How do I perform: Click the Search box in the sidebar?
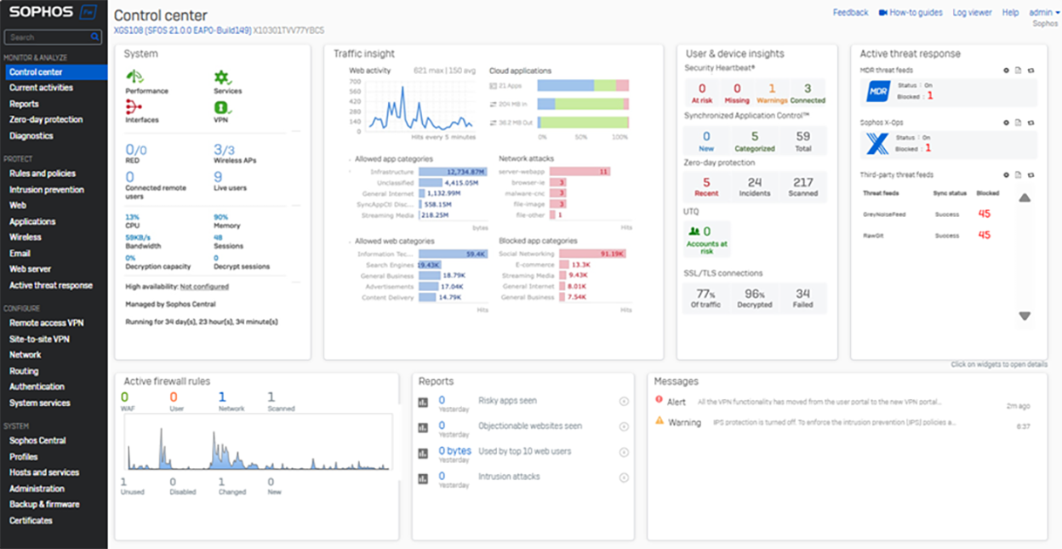coord(48,37)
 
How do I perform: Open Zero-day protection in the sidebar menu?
coord(45,119)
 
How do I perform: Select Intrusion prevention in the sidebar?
coord(46,189)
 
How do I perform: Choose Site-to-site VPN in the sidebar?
coord(39,338)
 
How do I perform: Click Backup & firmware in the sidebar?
coord(44,505)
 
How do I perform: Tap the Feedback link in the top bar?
coord(850,12)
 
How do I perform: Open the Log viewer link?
coord(971,12)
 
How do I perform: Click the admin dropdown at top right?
coord(1044,12)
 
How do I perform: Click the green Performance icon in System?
coord(133,78)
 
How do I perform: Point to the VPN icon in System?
coord(222,107)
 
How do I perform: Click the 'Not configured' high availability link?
coord(204,287)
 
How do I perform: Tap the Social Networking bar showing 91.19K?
coord(593,254)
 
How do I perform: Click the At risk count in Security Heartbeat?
coord(702,89)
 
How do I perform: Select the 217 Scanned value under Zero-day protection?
coord(803,183)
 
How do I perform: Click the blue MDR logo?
coord(876,91)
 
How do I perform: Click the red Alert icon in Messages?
coord(659,399)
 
